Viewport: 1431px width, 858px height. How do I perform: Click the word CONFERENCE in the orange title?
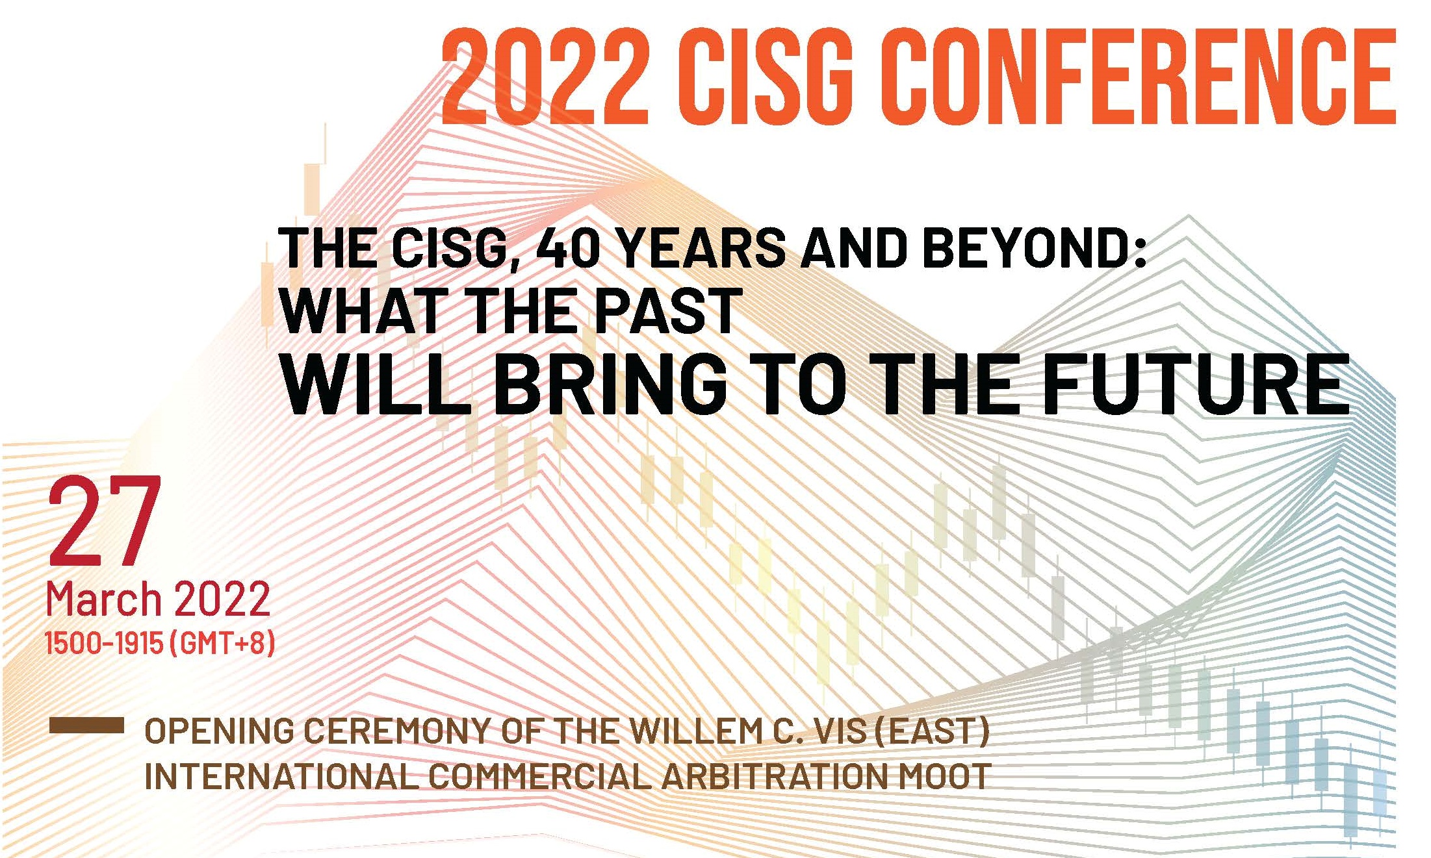(x=1141, y=76)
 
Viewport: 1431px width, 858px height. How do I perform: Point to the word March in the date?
(x=103, y=599)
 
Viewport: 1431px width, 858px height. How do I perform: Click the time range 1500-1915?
(x=104, y=643)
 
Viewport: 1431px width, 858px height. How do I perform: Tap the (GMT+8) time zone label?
(x=222, y=643)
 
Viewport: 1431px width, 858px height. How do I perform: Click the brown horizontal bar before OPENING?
(x=86, y=726)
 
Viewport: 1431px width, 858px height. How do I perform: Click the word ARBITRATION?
(x=774, y=776)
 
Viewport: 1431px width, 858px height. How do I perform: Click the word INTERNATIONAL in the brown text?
(x=281, y=776)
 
